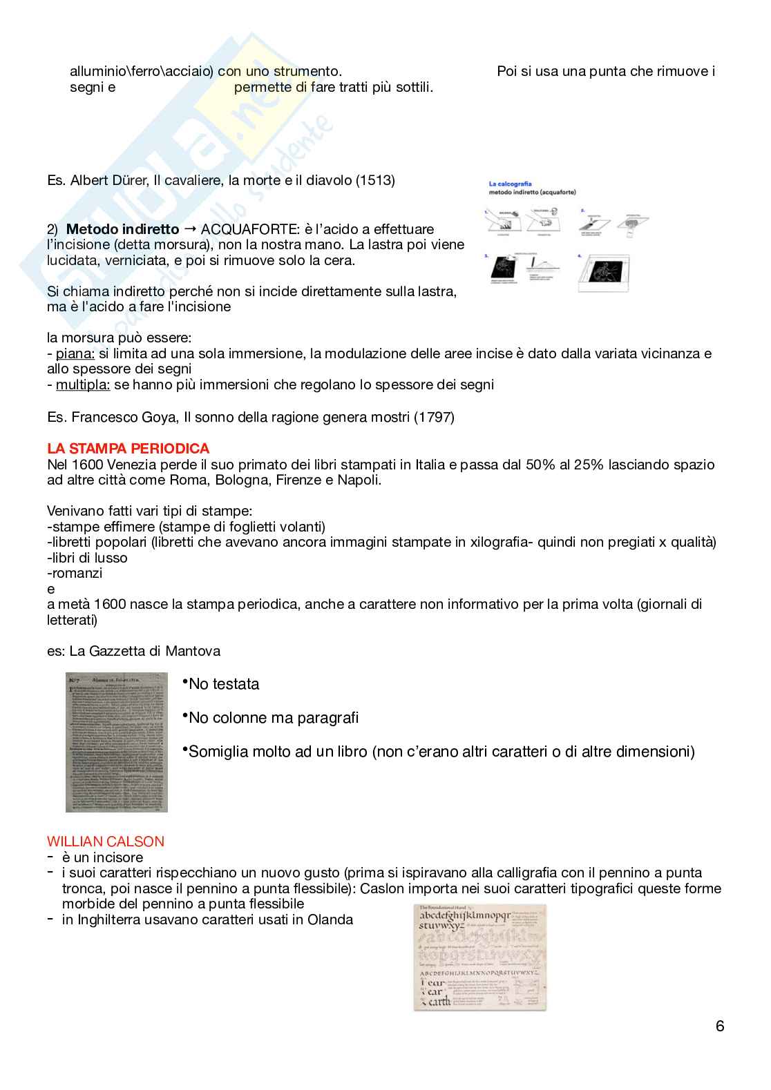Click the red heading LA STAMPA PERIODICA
tap(128, 449)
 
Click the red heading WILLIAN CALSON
tap(106, 841)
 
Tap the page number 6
tap(720, 1026)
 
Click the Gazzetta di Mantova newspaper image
tap(117, 742)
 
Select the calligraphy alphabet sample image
tap(480, 957)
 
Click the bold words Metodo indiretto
tap(122, 228)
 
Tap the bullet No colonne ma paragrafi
tap(274, 718)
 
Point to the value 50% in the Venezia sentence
tap(520, 465)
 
